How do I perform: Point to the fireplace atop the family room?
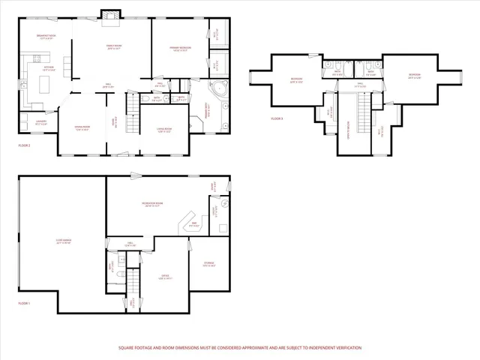[110, 14]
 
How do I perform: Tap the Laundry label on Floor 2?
[40, 121]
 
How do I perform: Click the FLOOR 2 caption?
[25, 144]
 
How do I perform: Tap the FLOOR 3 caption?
[277, 118]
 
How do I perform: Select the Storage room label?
[209, 264]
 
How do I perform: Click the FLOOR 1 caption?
[25, 303]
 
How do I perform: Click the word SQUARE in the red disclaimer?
[126, 348]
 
